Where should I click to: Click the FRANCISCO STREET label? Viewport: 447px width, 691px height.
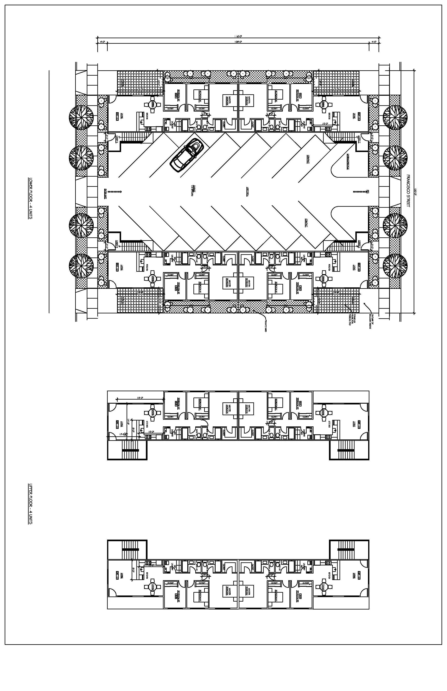[x=408, y=191]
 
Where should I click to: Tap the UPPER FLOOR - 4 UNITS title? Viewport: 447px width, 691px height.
[x=30, y=504]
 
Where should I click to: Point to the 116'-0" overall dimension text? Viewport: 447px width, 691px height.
[x=238, y=37]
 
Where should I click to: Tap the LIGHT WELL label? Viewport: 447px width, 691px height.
[x=248, y=192]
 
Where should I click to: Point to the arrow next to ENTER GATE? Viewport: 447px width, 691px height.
[x=116, y=192]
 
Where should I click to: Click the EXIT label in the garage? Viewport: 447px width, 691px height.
[x=368, y=192]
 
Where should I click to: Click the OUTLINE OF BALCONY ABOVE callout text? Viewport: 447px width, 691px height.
[x=372, y=322]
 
